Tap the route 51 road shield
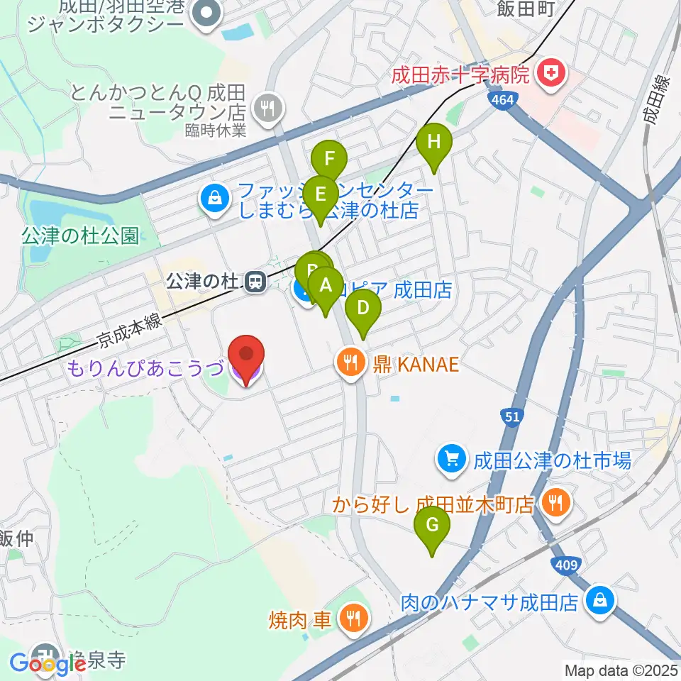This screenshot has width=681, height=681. [513, 418]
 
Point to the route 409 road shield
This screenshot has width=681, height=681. [566, 565]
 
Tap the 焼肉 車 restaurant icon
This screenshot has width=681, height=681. [352, 618]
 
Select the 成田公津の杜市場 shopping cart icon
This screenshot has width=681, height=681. [451, 460]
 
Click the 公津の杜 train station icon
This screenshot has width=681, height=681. [255, 283]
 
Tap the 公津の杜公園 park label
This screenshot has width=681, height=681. [79, 236]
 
